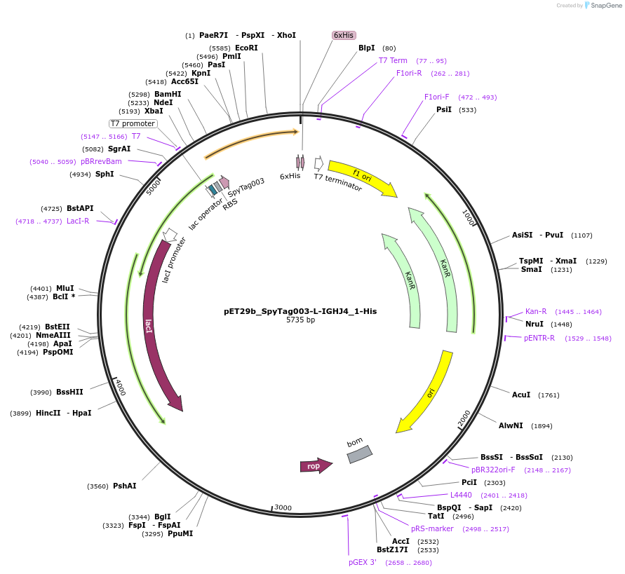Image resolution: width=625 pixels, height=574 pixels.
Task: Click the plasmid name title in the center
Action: (x=300, y=310)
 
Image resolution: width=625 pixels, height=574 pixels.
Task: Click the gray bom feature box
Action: (x=359, y=455)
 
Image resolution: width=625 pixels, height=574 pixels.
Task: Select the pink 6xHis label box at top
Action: (x=344, y=35)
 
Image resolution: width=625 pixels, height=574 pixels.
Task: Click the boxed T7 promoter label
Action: (x=133, y=123)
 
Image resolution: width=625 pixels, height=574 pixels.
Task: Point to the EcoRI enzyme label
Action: (x=246, y=48)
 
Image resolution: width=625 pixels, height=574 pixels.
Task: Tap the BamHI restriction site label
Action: (x=168, y=94)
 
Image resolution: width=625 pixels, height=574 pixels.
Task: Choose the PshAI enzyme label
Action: (x=125, y=486)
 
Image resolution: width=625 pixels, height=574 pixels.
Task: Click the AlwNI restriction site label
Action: (x=511, y=425)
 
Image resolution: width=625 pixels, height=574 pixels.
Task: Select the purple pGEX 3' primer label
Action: (x=363, y=562)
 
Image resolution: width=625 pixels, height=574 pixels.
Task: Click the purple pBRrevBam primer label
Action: (x=101, y=161)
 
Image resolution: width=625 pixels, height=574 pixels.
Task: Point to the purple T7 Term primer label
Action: (x=393, y=60)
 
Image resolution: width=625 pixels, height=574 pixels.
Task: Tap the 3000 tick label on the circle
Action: (x=282, y=507)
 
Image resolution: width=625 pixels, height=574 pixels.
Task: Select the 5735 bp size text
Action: (x=300, y=320)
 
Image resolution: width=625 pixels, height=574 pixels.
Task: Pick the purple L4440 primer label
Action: (x=461, y=495)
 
